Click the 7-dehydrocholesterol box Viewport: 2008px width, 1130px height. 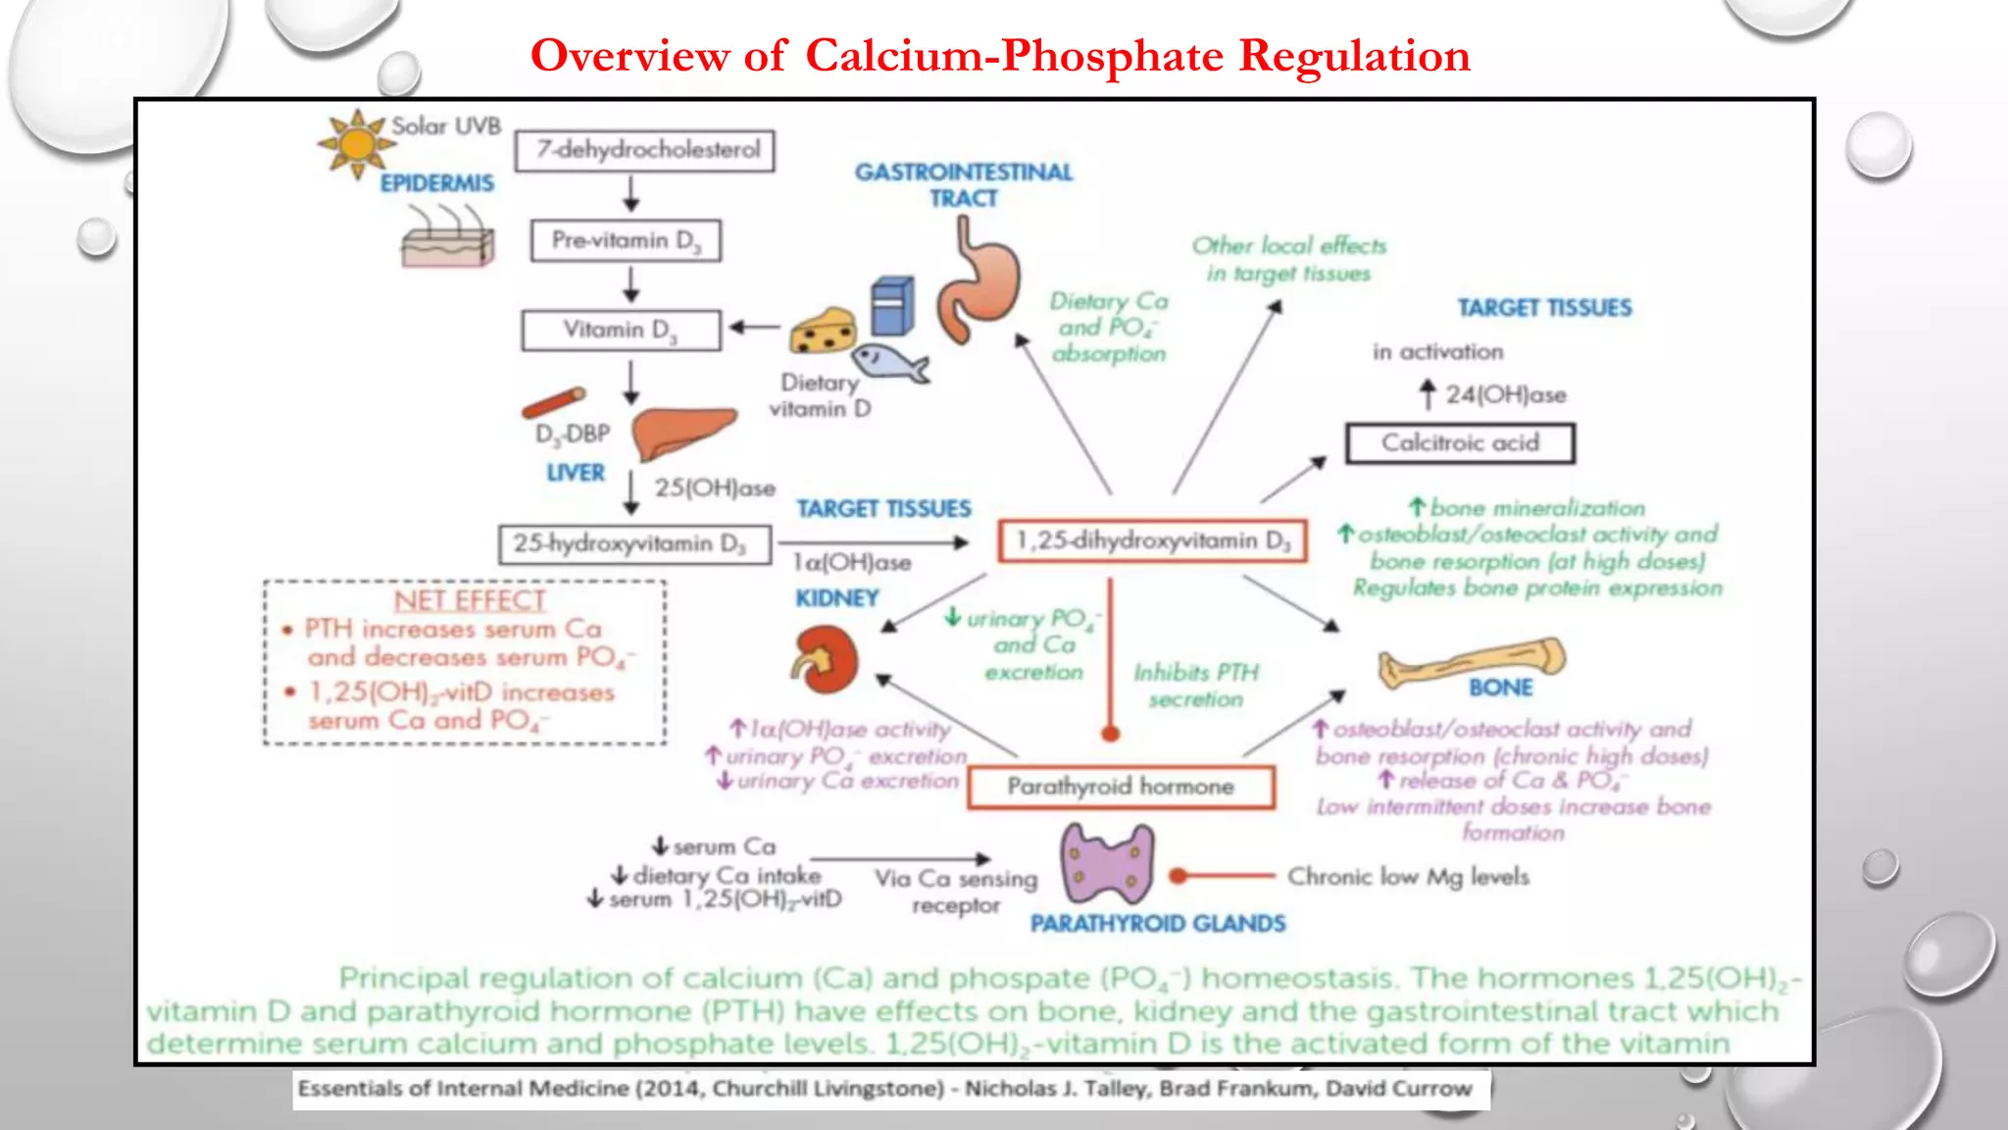point(645,151)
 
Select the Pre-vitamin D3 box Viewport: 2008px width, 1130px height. point(626,241)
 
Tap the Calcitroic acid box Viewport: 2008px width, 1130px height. point(1460,443)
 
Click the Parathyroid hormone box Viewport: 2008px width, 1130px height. point(1121,787)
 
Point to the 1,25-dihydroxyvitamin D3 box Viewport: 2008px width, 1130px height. point(1152,541)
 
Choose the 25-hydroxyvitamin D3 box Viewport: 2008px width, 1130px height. point(634,544)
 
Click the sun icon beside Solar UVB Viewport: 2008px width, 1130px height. point(356,143)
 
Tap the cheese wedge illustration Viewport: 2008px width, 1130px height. point(824,332)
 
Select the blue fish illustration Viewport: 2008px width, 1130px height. point(889,363)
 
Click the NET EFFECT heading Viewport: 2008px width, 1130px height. point(470,600)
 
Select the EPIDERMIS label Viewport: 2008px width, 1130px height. point(437,183)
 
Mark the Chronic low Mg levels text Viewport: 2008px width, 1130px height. point(1408,876)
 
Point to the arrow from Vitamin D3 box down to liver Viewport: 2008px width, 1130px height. point(631,383)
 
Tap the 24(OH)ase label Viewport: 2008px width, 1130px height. point(1505,395)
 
